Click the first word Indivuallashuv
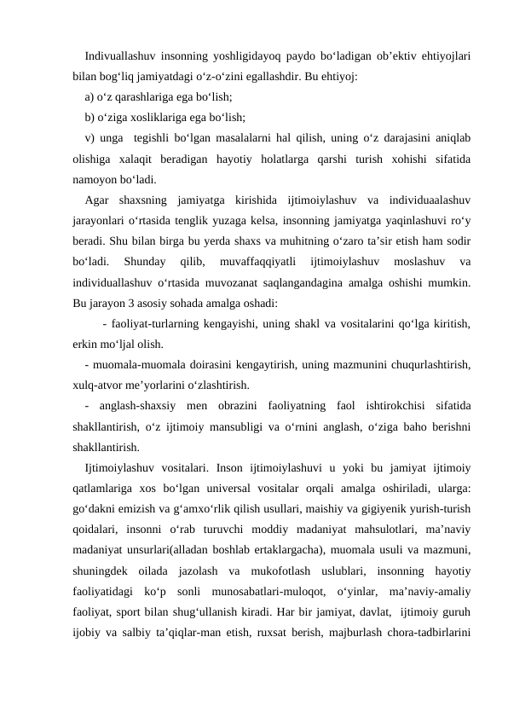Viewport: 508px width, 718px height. click(x=119, y=56)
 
